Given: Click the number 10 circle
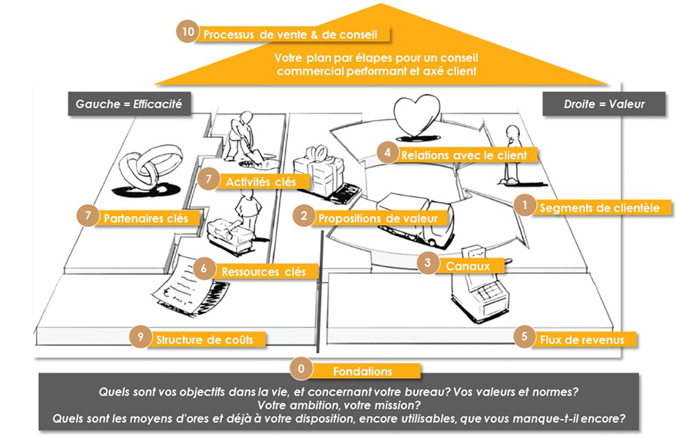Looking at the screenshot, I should [x=187, y=32].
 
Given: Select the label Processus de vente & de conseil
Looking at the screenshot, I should [x=295, y=35].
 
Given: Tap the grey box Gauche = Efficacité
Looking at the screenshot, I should [x=128, y=103].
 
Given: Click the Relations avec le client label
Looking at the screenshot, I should [x=469, y=154].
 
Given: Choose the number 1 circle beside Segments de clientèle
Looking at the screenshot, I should [x=524, y=206].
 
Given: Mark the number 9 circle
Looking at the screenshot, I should [x=138, y=337].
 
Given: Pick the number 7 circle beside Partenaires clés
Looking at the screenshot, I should [x=89, y=217].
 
